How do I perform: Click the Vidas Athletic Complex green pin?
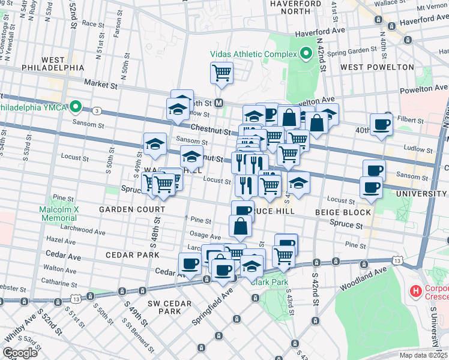(306, 54)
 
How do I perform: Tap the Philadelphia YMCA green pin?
(76, 107)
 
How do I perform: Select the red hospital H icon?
(415, 292)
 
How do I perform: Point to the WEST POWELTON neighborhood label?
(377, 67)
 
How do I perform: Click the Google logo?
(20, 353)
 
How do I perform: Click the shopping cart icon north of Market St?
(221, 73)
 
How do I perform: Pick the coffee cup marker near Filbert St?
(381, 125)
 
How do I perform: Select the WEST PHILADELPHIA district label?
(55, 64)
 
